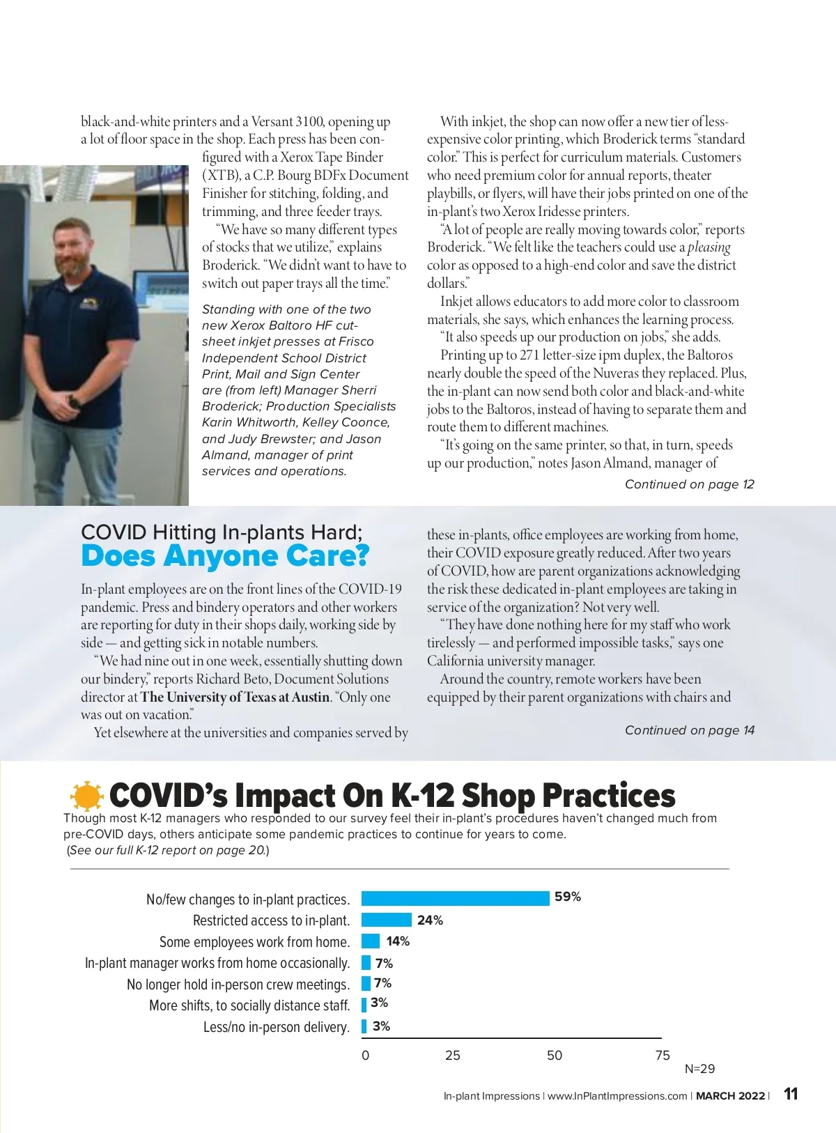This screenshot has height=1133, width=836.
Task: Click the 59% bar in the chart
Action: [455, 898]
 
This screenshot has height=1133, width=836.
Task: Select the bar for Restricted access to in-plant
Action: [387, 920]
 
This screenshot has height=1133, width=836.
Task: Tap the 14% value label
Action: [398, 941]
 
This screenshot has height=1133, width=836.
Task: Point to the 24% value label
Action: [430, 920]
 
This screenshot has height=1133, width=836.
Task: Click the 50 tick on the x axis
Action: [555, 1055]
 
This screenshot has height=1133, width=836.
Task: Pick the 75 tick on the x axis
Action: [663, 1055]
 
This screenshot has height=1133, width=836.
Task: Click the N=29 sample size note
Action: [699, 1069]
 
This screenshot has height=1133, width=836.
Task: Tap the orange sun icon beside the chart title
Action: [86, 796]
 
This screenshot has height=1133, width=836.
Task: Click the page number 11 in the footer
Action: [791, 1094]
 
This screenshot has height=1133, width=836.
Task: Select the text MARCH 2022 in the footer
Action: [730, 1096]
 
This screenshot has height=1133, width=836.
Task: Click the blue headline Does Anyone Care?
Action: [225, 556]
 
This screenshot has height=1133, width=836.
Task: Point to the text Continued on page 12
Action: [689, 484]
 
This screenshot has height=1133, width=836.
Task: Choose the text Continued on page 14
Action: [689, 730]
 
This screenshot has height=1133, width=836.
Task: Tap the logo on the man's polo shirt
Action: [88, 304]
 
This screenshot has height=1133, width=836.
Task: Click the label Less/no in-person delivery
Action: [276, 1027]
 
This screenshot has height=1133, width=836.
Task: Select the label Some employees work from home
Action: [254, 942]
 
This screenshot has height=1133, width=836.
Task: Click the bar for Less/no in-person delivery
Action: [364, 1026]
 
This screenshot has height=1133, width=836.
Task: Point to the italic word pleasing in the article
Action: [709, 247]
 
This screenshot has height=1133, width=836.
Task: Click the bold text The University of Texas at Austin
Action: [235, 697]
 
